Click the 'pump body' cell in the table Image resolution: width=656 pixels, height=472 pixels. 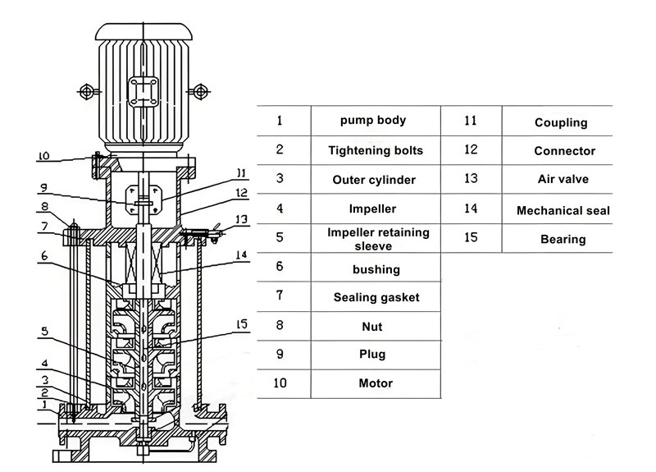pyautogui.click(x=373, y=121)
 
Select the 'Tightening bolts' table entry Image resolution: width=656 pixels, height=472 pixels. pyautogui.click(x=376, y=151)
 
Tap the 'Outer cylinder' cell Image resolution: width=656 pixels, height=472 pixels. pyautogui.click(x=374, y=180)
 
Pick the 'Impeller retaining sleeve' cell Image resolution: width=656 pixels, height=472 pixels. pyautogui.click(x=378, y=238)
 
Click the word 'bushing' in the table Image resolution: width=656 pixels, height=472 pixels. pyautogui.click(x=376, y=269)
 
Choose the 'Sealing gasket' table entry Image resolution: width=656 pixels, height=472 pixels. pyautogui.click(x=376, y=297)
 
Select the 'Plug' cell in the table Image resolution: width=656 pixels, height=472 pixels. pyautogui.click(x=372, y=355)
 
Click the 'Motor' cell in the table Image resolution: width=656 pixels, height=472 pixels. pyautogui.click(x=376, y=383)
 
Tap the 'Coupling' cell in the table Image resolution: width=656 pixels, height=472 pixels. pyautogui.click(x=561, y=123)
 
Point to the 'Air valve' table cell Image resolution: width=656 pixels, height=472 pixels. pyautogui.click(x=563, y=179)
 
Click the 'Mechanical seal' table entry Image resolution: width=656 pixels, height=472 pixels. pyautogui.click(x=563, y=211)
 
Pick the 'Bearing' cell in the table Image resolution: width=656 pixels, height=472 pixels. pyautogui.click(x=563, y=240)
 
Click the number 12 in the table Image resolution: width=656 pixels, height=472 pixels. pyautogui.click(x=471, y=149)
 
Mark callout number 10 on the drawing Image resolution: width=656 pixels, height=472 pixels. pyautogui.click(x=44, y=155)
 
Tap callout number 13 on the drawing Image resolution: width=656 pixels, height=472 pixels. pyautogui.click(x=240, y=219)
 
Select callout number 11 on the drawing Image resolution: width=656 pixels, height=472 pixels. pyautogui.click(x=239, y=172)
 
